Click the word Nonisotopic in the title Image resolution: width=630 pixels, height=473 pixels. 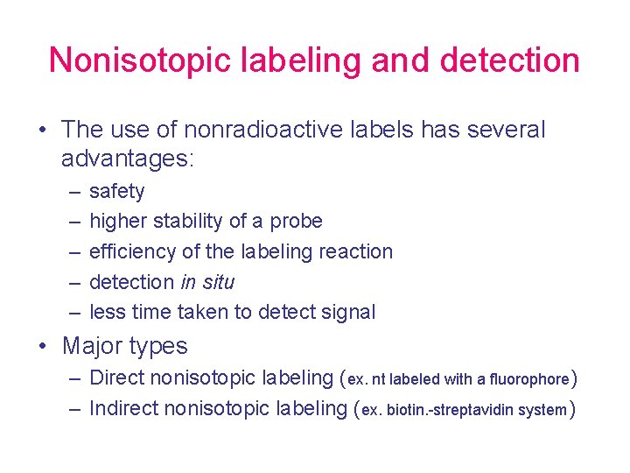pos(135,60)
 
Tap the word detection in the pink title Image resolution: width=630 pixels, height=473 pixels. pos(509,60)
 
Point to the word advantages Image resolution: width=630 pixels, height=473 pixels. pos(127,159)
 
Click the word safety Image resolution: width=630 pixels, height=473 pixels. pos(117,192)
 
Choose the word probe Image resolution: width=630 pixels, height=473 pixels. pos(296,222)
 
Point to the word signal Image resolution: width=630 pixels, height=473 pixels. pos(347,312)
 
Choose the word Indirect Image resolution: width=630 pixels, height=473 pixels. pos(123,408)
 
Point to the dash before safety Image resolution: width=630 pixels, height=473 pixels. pos(70,192)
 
